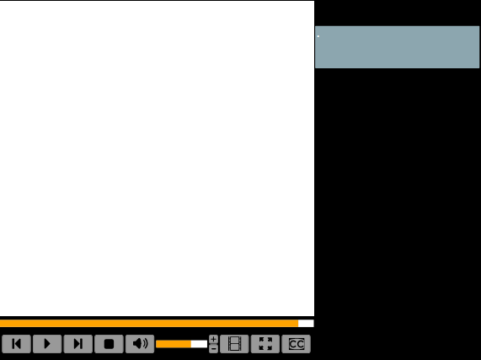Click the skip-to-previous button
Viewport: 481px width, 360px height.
tap(16, 344)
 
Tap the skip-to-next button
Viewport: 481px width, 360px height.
tap(77, 344)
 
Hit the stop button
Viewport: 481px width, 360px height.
tap(109, 344)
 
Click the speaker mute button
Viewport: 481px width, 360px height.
tap(140, 344)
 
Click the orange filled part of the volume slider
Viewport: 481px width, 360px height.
tap(174, 344)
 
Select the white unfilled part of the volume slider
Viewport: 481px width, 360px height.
tap(199, 344)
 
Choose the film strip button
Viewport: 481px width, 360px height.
tap(234, 344)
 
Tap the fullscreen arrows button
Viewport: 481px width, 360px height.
tap(265, 344)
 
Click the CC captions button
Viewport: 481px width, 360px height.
tap(296, 344)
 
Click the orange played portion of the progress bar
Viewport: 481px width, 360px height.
tap(149, 323)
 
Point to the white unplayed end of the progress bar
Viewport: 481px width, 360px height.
tap(306, 323)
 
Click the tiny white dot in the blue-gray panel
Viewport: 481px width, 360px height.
tap(318, 36)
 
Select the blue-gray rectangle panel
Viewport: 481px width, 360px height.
tap(398, 47)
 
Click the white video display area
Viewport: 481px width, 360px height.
tap(157, 159)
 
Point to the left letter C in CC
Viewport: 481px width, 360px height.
tap(292, 344)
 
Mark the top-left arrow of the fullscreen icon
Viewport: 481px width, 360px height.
tap(262, 340)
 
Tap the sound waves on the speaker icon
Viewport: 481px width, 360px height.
tap(146, 343)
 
